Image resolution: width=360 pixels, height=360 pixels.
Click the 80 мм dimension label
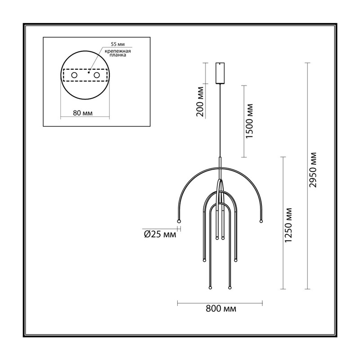(x=83, y=113)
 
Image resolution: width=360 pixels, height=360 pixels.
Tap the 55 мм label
(x=118, y=44)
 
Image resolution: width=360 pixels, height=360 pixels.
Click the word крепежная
(x=118, y=51)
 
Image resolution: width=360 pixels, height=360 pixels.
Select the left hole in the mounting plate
(x=74, y=75)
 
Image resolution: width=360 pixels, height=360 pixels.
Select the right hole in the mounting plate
(x=97, y=75)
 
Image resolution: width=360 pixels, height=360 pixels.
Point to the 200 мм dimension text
(x=200, y=102)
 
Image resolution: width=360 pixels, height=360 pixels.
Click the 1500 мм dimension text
(x=249, y=121)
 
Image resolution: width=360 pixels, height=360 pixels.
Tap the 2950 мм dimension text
(x=313, y=170)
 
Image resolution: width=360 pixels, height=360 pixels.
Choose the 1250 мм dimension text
(x=288, y=225)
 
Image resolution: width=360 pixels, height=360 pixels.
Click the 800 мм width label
(x=220, y=309)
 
